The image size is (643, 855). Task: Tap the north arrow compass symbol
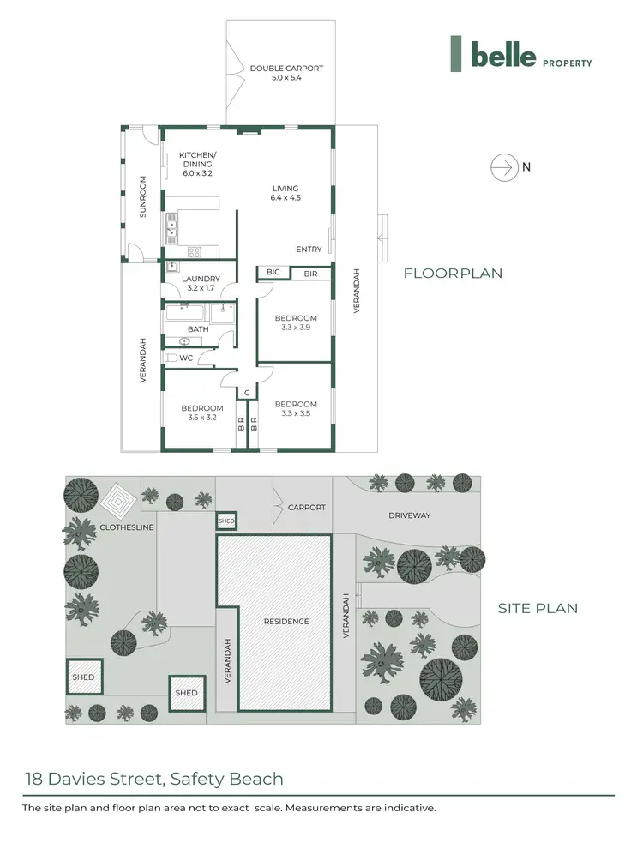pyautogui.click(x=503, y=167)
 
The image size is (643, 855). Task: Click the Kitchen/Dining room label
pyautogui.click(x=197, y=164)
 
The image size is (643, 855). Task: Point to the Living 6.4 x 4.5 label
pyautogui.click(x=285, y=193)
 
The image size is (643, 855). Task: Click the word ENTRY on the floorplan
pyautogui.click(x=309, y=250)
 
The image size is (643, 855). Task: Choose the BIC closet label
pyautogui.click(x=273, y=272)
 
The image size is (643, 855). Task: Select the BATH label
pyautogui.click(x=198, y=329)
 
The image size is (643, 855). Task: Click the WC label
pyautogui.click(x=186, y=358)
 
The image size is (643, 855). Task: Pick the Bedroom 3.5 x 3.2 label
pyautogui.click(x=202, y=413)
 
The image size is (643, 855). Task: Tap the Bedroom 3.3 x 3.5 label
pyautogui.click(x=296, y=409)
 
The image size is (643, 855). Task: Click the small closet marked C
pyautogui.click(x=247, y=393)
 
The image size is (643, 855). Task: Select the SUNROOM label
pyautogui.click(x=143, y=196)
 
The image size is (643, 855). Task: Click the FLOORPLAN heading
pyautogui.click(x=453, y=274)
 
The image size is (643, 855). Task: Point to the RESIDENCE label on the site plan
pyautogui.click(x=285, y=621)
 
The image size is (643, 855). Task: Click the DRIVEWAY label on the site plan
pyautogui.click(x=409, y=515)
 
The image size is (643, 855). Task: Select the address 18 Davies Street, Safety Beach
pyautogui.click(x=153, y=780)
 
